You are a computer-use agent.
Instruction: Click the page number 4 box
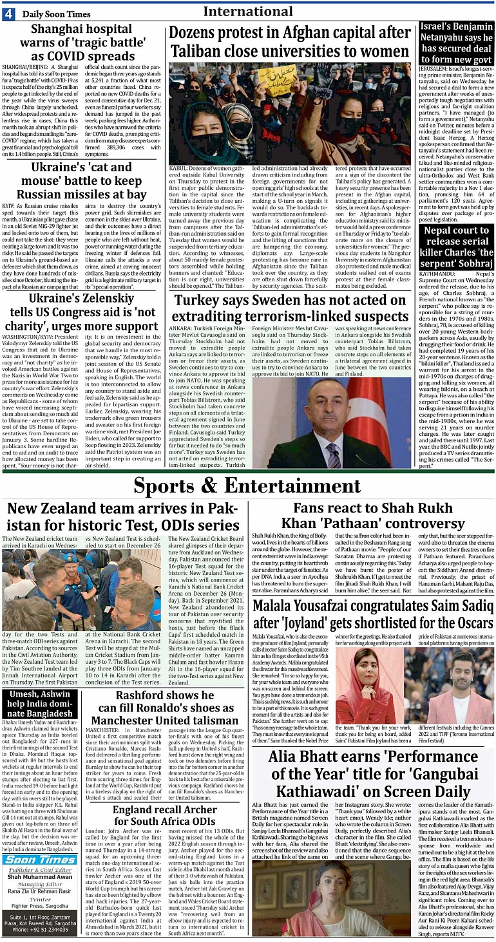pos(8,14)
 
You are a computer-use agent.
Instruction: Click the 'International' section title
pos(248,12)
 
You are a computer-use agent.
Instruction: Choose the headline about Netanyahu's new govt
pos(457,42)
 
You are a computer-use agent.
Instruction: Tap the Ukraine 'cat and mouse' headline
pos(82,181)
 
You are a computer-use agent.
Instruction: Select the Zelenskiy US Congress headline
pos(82,312)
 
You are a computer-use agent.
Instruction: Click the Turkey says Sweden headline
pos(291,308)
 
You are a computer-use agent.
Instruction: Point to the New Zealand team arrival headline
pos(123,516)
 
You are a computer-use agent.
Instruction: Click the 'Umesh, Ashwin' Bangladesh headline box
pos(40,704)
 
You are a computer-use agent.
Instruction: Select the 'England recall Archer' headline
pos(165,815)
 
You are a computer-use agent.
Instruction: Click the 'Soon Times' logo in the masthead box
pos(40,860)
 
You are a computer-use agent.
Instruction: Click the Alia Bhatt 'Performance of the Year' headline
pos(370,773)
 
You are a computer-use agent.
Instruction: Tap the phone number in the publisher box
pos(40,929)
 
